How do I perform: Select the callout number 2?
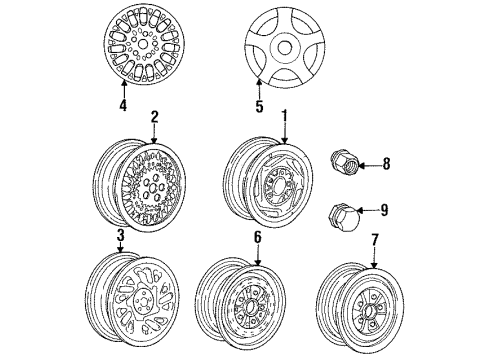pyautogui.click(x=155, y=117)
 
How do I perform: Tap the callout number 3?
pyautogui.click(x=119, y=235)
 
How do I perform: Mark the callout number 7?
pyautogui.click(x=376, y=240)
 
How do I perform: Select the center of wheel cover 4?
pyautogui.click(x=144, y=45)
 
